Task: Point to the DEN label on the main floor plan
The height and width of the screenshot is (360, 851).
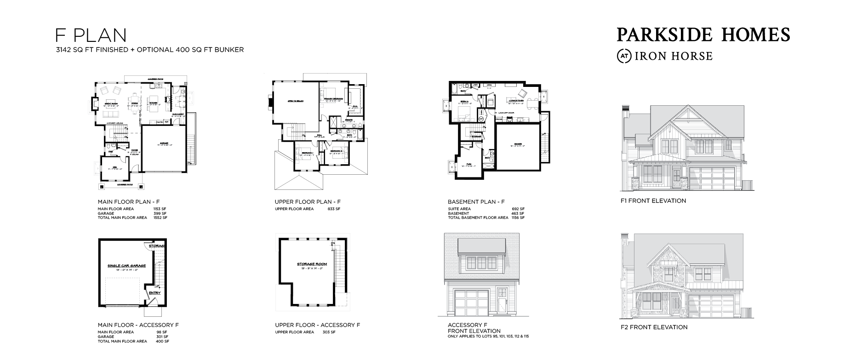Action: point(115,167)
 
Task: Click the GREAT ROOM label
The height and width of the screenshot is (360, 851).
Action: point(109,104)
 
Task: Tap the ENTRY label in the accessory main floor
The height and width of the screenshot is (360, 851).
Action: point(154,292)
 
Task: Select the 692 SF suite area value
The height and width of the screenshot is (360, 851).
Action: point(518,209)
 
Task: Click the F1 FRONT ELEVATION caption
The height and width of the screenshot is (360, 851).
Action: point(653,201)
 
